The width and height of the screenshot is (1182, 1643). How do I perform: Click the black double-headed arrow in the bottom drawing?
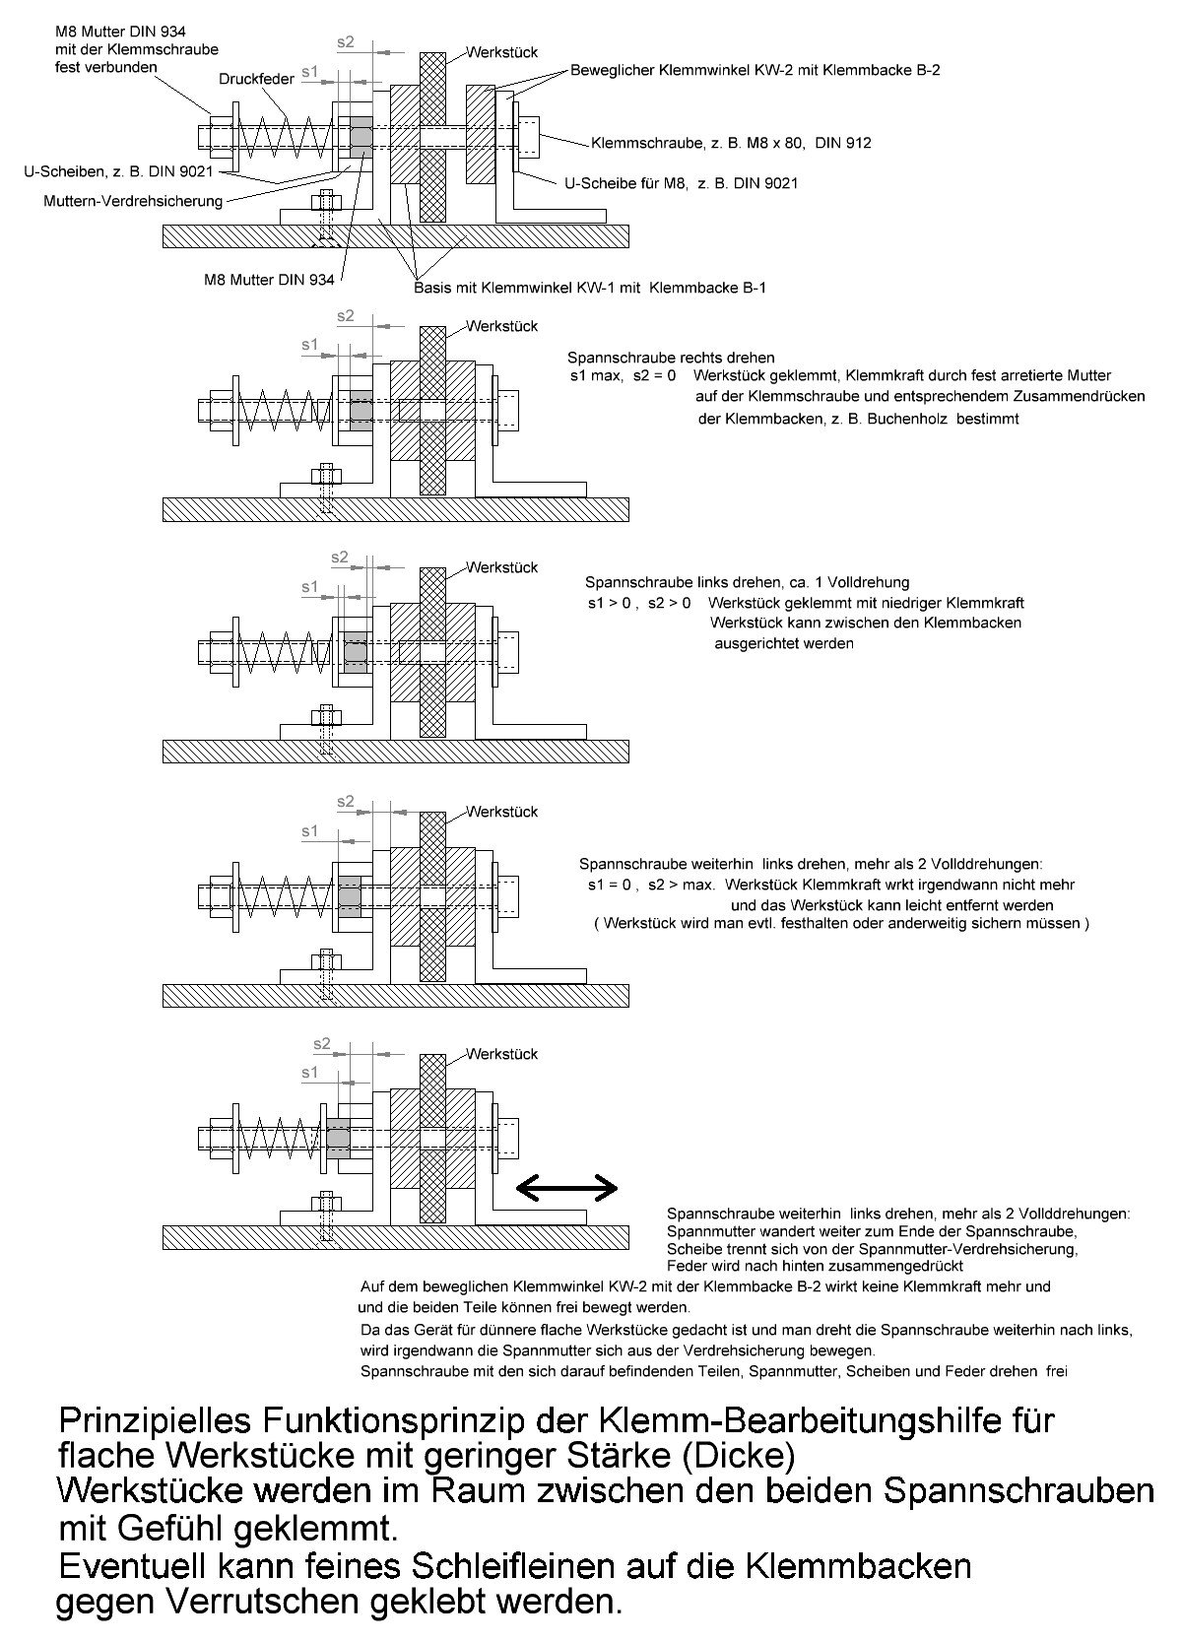point(566,1189)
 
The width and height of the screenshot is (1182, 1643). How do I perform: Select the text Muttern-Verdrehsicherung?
point(134,201)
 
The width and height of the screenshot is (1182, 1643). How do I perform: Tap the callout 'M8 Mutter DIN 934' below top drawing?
point(269,280)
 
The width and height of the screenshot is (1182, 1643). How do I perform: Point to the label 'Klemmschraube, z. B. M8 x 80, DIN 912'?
point(731,143)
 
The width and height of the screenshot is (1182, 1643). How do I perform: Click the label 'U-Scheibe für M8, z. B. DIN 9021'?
point(682,183)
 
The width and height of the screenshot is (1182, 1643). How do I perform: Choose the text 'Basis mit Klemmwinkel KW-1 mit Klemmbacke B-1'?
point(590,288)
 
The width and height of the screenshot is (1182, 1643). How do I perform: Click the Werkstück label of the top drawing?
point(502,52)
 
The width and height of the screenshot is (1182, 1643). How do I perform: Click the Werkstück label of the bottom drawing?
point(502,1054)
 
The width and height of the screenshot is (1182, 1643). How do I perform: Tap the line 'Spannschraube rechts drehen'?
point(671,357)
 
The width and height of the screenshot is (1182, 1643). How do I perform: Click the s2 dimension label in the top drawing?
point(345,42)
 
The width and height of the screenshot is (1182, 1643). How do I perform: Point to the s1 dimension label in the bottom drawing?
point(310,1072)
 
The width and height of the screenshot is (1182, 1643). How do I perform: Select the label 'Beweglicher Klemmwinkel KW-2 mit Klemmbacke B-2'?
point(755,70)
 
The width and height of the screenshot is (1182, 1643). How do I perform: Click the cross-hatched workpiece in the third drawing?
point(431,652)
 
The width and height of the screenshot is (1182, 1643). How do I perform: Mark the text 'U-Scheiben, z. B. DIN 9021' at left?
point(116,170)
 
